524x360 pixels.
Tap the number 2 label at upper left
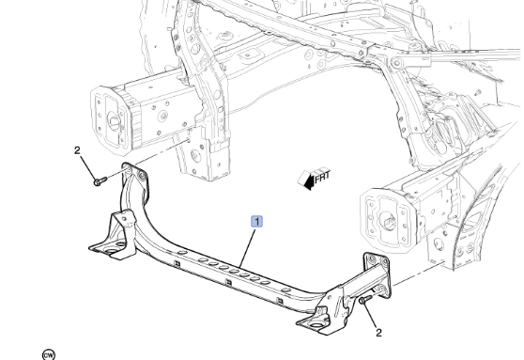point(78,150)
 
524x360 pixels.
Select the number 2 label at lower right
point(378,331)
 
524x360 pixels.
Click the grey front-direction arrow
point(305,180)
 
